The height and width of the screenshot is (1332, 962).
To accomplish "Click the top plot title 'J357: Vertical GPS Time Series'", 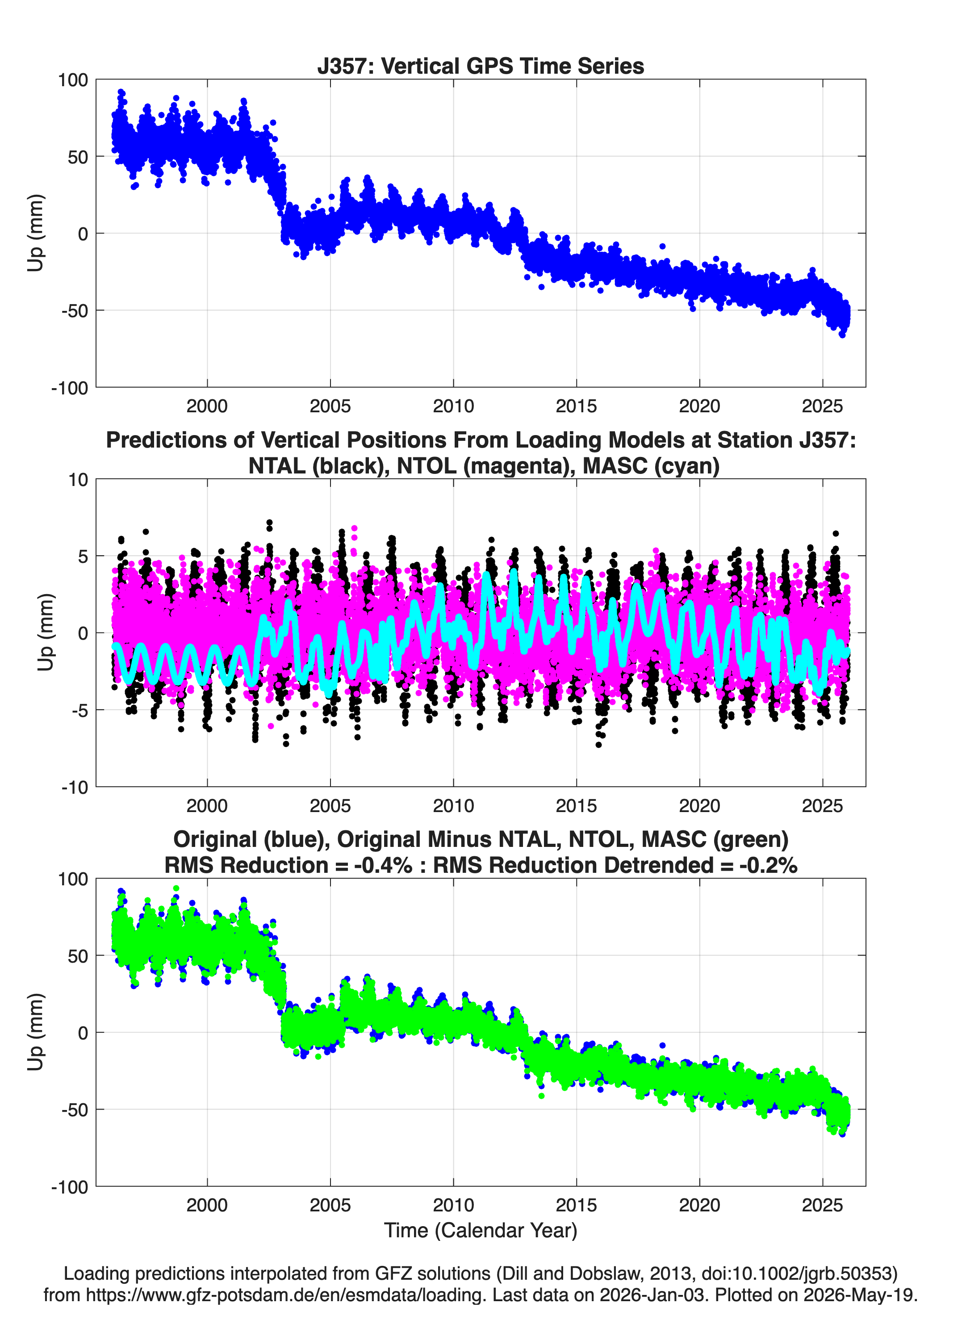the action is [x=481, y=66].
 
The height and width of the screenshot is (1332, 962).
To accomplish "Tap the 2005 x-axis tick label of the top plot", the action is [x=330, y=406].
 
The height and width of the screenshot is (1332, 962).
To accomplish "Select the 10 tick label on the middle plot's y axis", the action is [x=78, y=479].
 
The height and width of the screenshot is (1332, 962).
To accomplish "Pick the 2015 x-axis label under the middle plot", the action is [x=576, y=805].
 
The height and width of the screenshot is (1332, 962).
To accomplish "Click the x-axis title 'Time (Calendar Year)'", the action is [x=481, y=1231].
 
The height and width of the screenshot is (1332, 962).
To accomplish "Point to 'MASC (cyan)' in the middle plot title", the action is [x=651, y=466].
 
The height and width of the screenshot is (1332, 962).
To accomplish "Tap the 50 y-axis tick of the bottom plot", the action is [x=78, y=955].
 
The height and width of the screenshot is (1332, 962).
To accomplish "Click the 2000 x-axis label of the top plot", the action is [x=207, y=406].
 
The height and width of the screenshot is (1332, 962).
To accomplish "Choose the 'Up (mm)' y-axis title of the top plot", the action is [x=35, y=233].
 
